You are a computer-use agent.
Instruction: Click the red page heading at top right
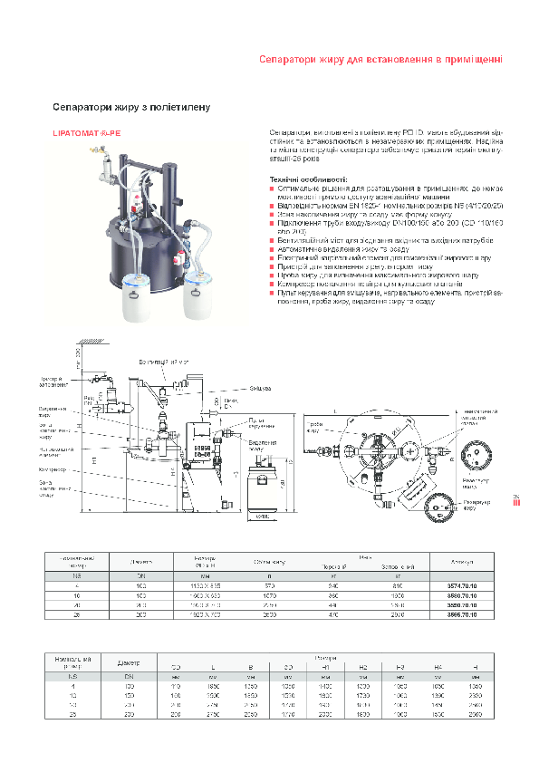click(380, 60)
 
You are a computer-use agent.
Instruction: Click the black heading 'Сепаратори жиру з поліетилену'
click(131, 107)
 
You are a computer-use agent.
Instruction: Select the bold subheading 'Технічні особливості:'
click(309, 180)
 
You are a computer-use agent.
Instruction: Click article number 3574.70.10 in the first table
click(467, 587)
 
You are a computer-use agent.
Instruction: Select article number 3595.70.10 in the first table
click(467, 614)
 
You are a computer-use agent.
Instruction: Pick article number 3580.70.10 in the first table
click(467, 596)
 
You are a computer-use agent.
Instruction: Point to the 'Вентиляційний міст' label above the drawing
click(164, 362)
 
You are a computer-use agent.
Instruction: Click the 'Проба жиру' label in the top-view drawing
click(314, 427)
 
